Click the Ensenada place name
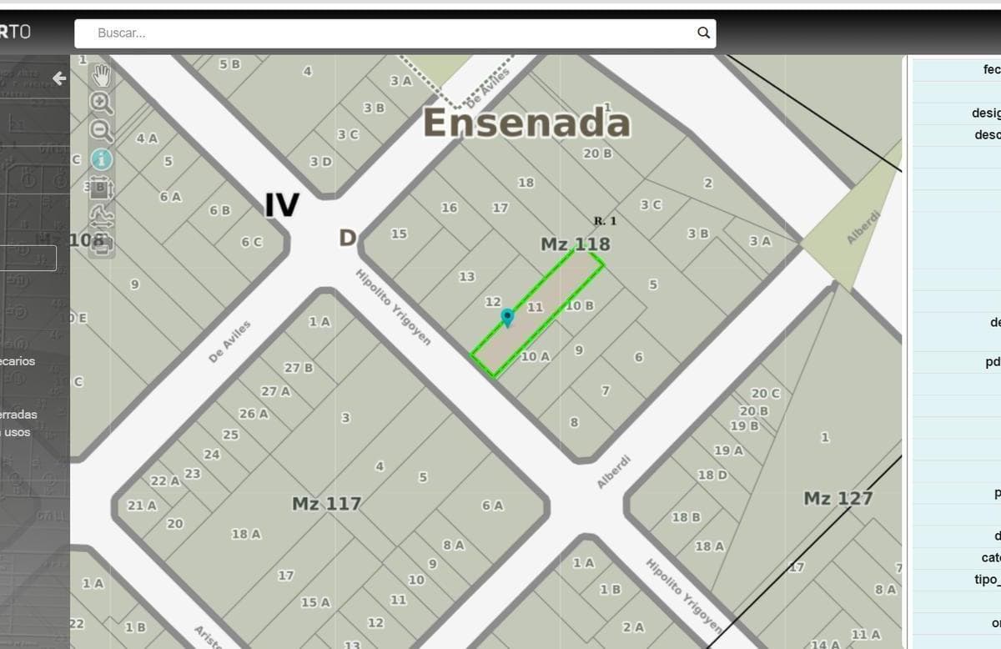click(x=526, y=123)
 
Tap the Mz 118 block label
click(x=575, y=244)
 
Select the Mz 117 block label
click(x=326, y=504)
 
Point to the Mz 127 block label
click(x=838, y=499)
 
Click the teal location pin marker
click(x=507, y=317)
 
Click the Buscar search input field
click(x=392, y=33)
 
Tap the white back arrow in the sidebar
click(x=59, y=78)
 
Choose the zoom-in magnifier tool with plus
click(x=101, y=103)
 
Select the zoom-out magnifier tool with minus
click(x=101, y=130)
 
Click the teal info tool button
click(x=101, y=158)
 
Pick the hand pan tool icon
click(x=101, y=76)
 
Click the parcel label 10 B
click(x=580, y=305)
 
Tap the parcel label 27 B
click(x=298, y=368)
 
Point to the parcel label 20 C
click(x=765, y=394)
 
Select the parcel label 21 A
click(x=141, y=506)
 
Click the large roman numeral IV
click(x=281, y=204)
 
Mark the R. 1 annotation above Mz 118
click(x=605, y=221)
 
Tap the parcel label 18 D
click(x=712, y=475)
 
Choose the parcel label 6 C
click(x=251, y=242)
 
